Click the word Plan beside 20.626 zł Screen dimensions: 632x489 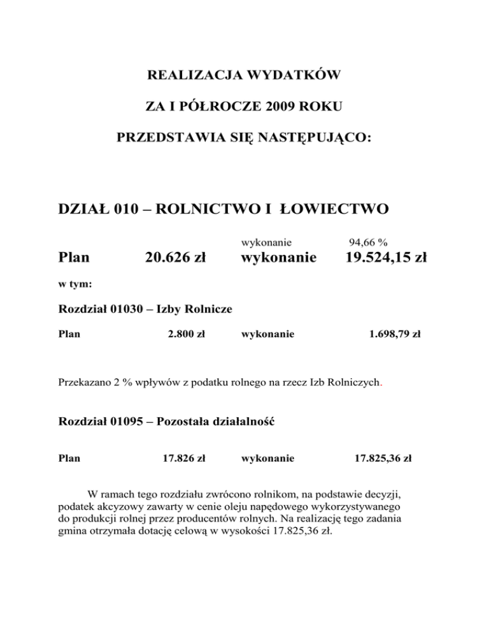click(x=74, y=258)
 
